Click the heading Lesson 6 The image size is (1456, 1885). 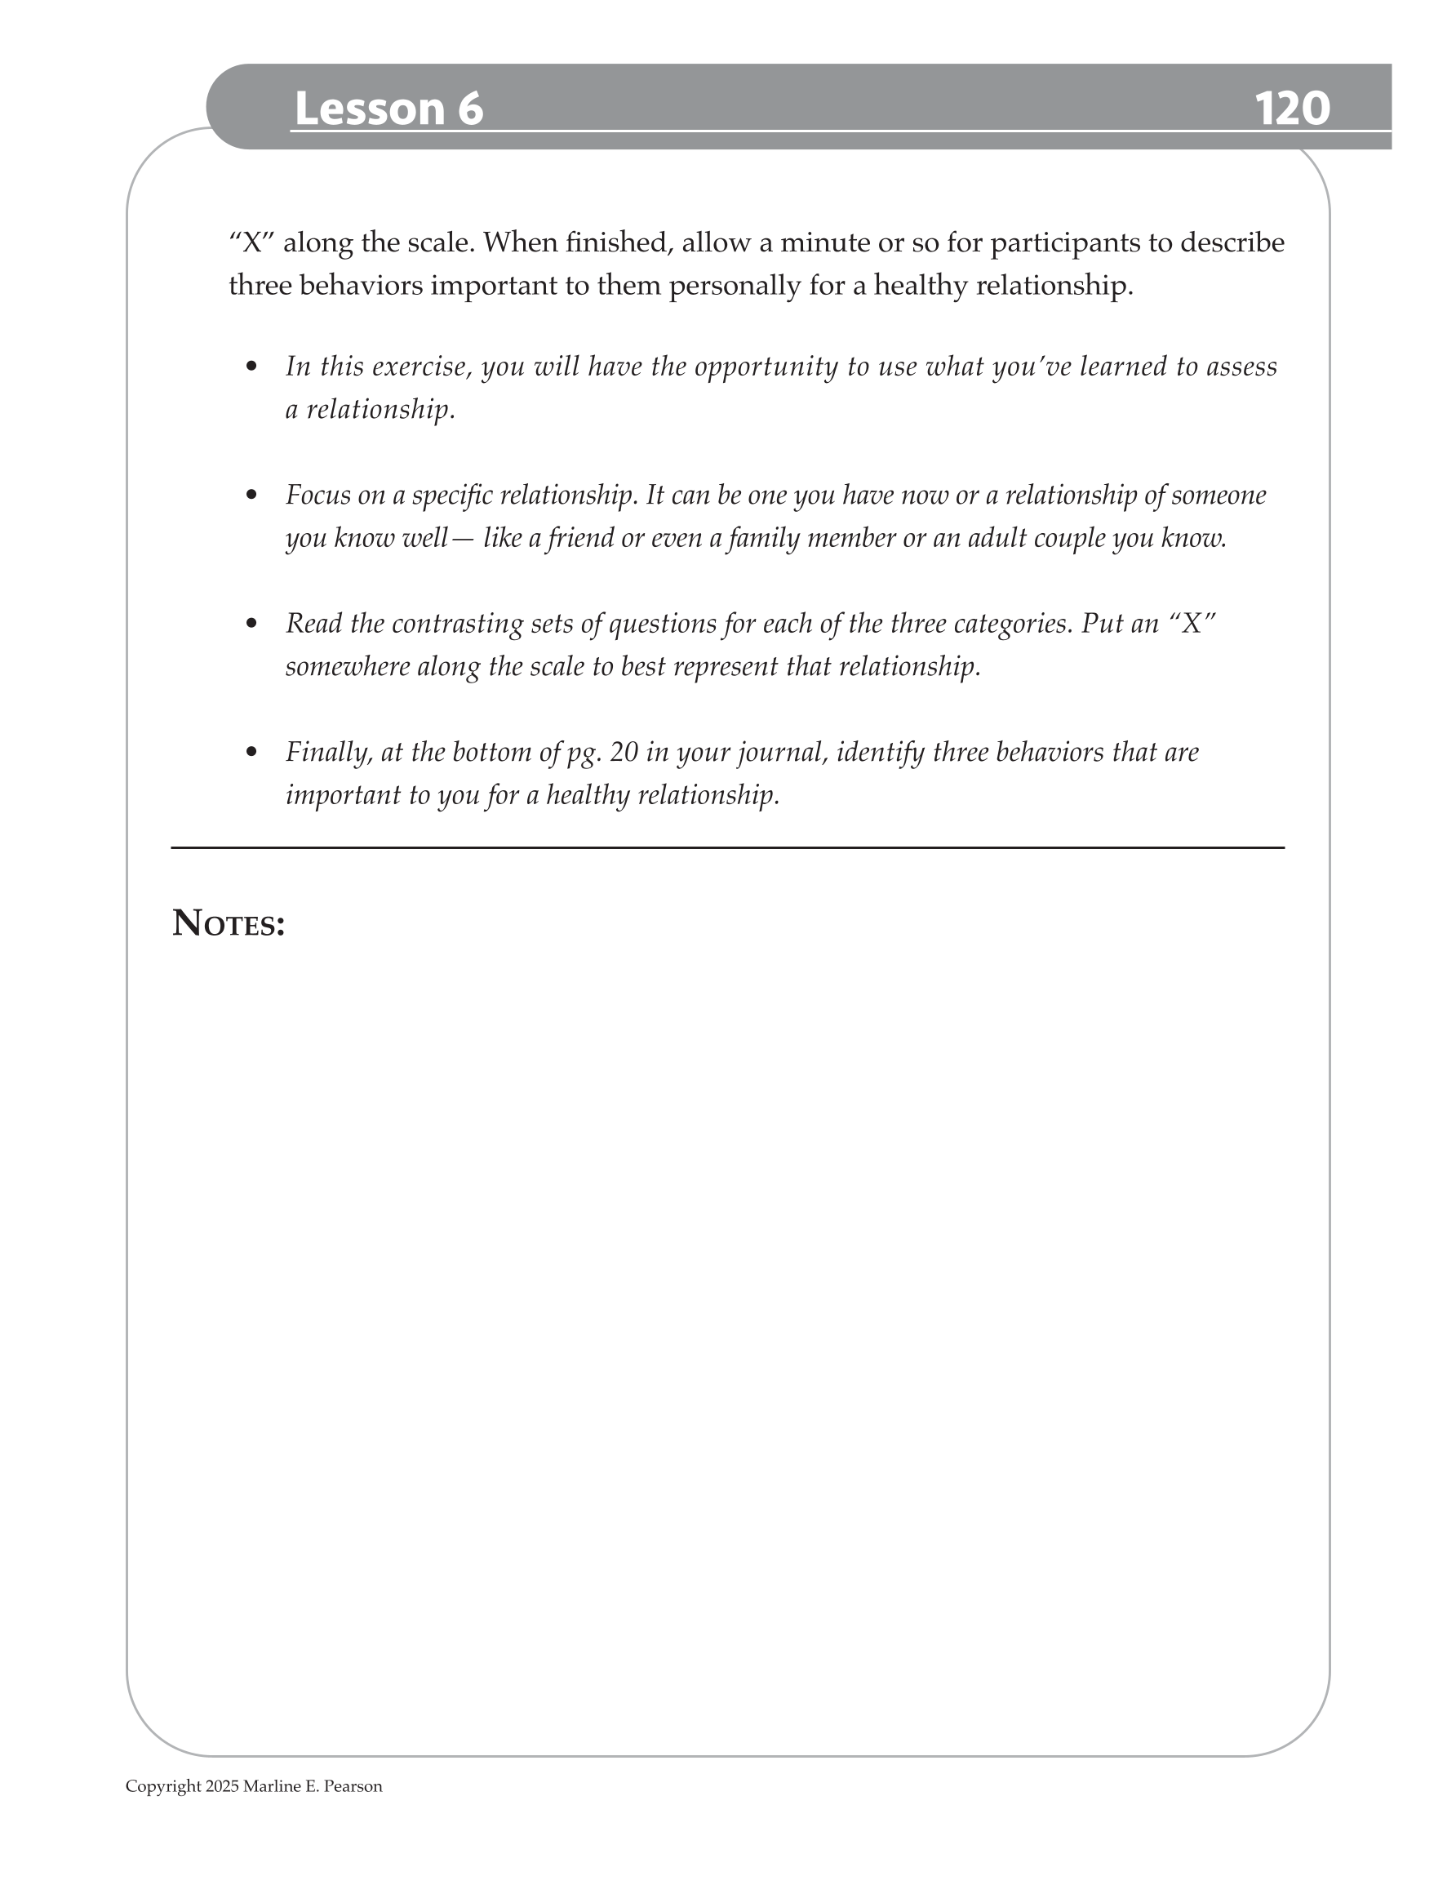tap(388, 109)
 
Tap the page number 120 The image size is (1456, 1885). tap(1291, 109)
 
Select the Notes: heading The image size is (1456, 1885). tap(229, 923)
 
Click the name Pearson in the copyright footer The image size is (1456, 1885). tap(353, 1785)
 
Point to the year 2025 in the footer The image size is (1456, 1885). tap(222, 1785)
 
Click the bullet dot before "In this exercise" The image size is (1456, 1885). tap(252, 367)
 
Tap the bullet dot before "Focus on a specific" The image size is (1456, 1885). tap(252, 496)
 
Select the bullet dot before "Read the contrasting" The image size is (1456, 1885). tap(252, 623)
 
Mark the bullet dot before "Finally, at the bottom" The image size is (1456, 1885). tap(252, 752)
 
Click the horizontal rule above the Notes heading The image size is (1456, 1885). tap(727, 847)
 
